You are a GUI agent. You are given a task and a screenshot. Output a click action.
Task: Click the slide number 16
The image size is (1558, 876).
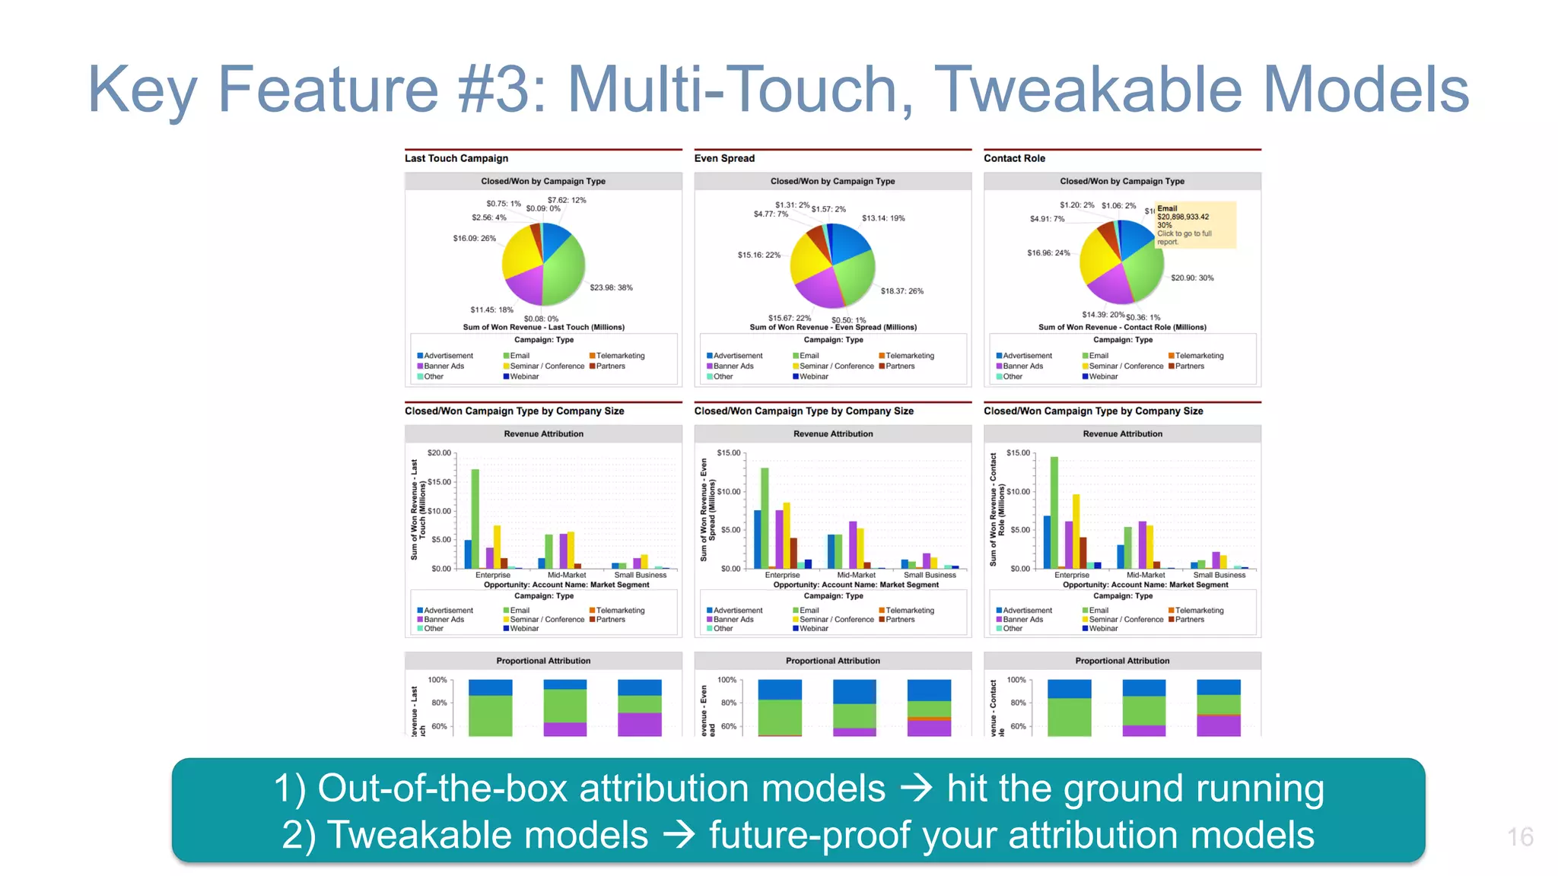1519,837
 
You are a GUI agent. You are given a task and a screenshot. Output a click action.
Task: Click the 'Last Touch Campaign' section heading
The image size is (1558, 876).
456,158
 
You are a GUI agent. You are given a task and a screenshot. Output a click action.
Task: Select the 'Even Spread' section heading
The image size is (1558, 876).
724,158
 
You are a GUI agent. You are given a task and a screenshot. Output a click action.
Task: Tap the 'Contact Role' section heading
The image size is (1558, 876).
1014,158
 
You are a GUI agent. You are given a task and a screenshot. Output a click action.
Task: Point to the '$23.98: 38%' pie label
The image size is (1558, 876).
611,287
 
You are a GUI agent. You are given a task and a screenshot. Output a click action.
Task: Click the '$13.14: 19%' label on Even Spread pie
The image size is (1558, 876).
883,218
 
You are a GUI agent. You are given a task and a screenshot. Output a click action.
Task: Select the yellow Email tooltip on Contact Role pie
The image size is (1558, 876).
1195,225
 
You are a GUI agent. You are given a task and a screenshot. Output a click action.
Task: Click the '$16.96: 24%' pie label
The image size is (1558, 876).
1048,253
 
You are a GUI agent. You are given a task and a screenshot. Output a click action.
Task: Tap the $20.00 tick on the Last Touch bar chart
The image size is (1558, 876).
439,453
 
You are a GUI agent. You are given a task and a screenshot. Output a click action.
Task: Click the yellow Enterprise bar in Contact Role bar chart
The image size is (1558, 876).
1076,531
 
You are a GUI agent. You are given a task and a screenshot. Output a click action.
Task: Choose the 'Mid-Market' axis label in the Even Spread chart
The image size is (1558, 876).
856,575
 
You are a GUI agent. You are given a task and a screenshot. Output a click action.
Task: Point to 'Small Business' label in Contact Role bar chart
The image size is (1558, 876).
1219,575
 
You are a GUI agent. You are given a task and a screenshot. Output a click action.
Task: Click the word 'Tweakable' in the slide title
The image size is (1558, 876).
1088,89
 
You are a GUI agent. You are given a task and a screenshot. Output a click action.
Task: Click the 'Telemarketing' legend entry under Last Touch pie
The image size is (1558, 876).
620,356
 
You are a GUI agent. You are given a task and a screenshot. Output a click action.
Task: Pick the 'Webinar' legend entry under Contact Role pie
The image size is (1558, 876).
1103,376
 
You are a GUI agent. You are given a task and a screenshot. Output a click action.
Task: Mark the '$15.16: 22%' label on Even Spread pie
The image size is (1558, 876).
758,255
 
